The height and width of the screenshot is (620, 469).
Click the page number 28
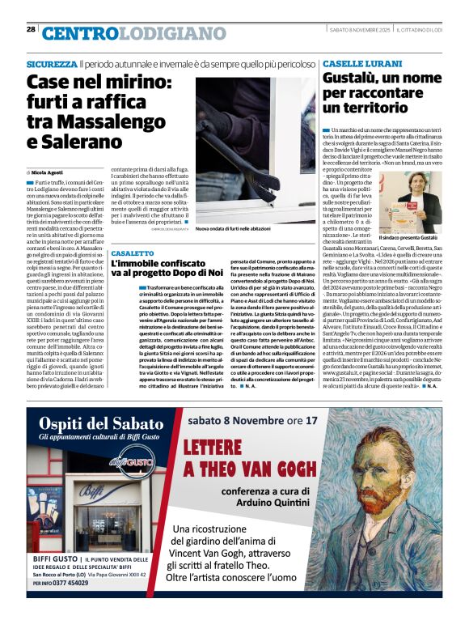(x=31, y=29)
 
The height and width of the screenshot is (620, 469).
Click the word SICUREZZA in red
(x=52, y=63)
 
